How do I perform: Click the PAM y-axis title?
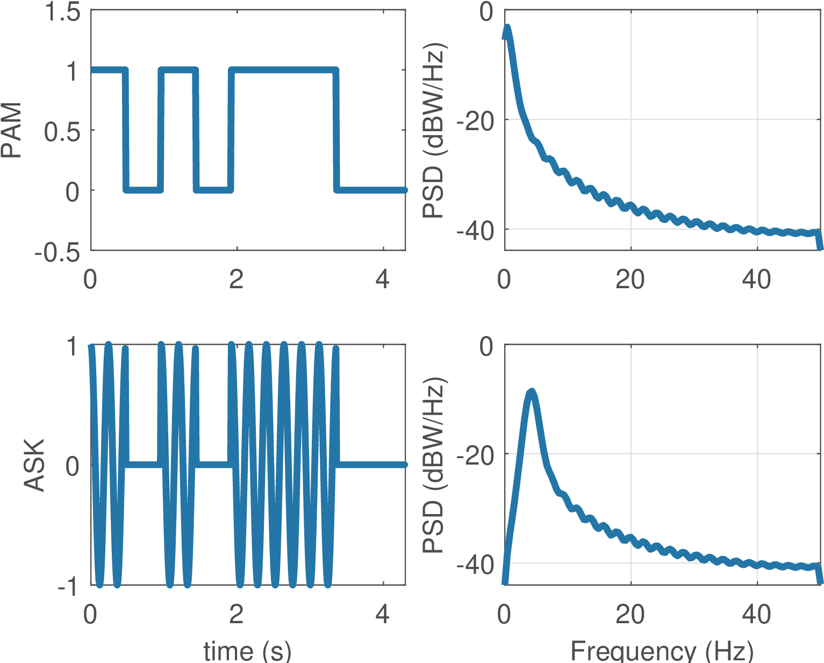tap(12, 130)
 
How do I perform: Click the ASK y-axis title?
tap(34, 465)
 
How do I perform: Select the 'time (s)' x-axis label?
tap(247, 651)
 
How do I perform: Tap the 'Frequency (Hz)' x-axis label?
tap(662, 651)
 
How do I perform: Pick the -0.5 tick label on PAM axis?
tap(58, 251)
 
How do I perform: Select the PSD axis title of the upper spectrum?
tap(433, 130)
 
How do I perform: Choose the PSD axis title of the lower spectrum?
tap(433, 465)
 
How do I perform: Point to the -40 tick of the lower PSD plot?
tap(476, 565)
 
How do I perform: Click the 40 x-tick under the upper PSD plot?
tap(756, 280)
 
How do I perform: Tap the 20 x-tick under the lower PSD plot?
tap(630, 615)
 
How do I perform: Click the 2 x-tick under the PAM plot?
tap(237, 280)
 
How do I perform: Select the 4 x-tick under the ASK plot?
tap(382, 615)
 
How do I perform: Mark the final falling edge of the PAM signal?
tap(336, 130)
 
